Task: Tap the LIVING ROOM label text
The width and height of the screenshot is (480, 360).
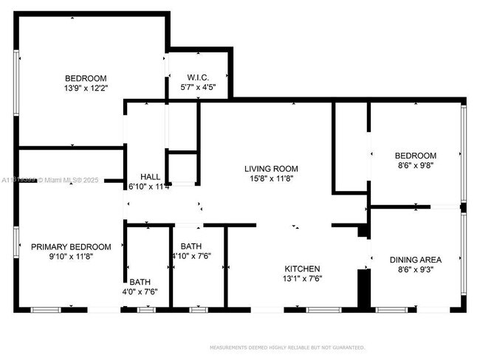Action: (x=271, y=169)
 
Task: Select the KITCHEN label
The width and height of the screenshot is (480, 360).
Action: (x=303, y=269)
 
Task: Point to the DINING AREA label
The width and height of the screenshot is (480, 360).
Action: (x=416, y=260)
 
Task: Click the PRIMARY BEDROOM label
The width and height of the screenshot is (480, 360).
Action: (x=71, y=247)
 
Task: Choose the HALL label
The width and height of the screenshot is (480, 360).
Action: (x=151, y=177)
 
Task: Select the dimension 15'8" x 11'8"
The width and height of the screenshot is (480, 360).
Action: (x=271, y=179)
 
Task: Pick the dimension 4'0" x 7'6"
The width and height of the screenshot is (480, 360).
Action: (x=140, y=291)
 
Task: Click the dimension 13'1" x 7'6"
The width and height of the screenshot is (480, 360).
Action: (x=303, y=278)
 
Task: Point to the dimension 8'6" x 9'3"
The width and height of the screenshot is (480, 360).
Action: (x=416, y=269)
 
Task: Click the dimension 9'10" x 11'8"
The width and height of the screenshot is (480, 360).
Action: (x=71, y=257)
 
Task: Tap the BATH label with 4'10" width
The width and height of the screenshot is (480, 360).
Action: (x=191, y=246)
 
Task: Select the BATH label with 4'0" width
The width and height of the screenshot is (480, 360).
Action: (x=140, y=282)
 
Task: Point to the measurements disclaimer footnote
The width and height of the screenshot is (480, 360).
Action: (x=287, y=347)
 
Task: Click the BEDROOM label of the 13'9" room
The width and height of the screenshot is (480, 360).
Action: (x=86, y=78)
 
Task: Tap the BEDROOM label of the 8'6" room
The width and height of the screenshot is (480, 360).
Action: (x=416, y=156)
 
